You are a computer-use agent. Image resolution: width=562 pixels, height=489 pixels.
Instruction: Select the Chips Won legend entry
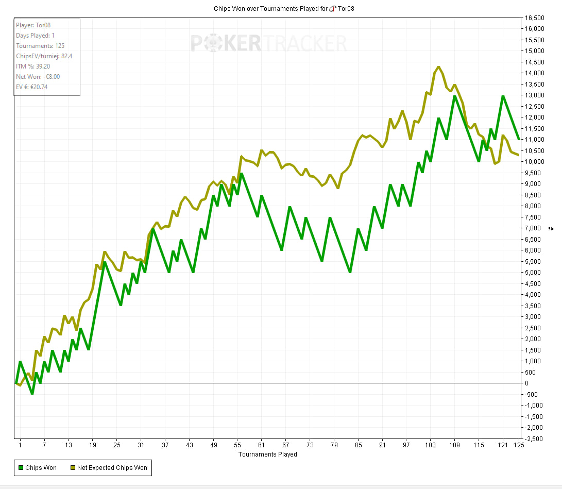(38, 468)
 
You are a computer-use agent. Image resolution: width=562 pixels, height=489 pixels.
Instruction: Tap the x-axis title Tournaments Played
(267, 454)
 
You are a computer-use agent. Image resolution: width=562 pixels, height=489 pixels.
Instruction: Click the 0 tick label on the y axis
(526, 383)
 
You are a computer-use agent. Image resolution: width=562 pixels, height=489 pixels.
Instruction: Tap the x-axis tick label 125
(518, 445)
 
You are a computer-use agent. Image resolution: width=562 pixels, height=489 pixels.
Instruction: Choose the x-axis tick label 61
(262, 445)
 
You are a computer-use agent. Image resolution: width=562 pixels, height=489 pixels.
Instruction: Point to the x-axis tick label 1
(20, 445)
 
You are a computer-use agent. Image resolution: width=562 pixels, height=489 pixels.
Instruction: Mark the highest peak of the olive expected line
(438, 66)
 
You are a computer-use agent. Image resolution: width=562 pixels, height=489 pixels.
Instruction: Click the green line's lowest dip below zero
(32, 394)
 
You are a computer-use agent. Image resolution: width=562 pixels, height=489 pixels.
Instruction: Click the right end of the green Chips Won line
(519, 140)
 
